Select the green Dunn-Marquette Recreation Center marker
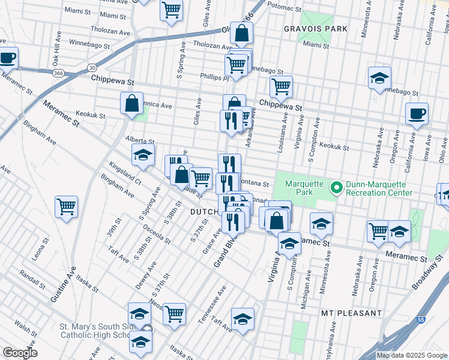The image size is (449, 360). [337, 188]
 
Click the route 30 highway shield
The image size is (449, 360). [92, 67]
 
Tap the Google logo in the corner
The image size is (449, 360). [20, 353]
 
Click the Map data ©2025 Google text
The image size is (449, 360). [412, 355]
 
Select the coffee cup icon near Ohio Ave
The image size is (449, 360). [416, 113]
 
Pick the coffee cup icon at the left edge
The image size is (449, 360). [7, 58]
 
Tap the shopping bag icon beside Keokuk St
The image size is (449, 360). [131, 103]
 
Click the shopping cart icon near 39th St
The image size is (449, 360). [66, 207]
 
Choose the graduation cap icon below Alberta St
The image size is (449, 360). [143, 155]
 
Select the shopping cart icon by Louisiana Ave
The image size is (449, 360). [280, 87]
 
